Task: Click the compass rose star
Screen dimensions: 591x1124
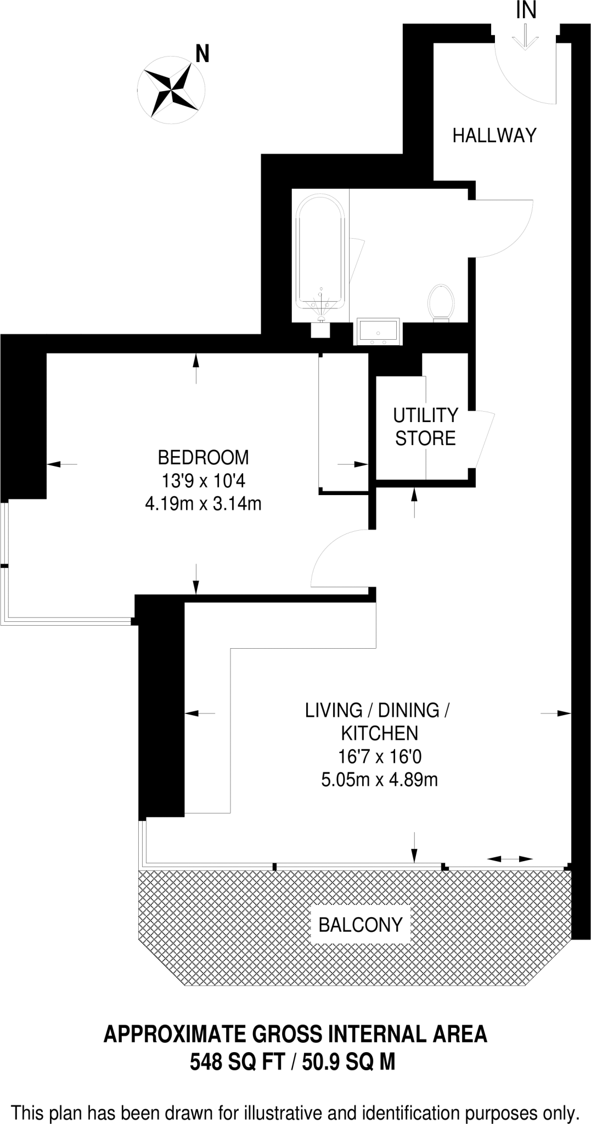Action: coord(171,88)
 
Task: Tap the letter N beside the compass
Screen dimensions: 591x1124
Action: coord(202,54)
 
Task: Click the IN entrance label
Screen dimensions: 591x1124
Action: coord(526,10)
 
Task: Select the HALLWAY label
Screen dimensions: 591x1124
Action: coord(494,135)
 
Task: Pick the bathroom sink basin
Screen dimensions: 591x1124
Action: coord(379,331)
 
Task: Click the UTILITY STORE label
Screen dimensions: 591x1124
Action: coord(425,426)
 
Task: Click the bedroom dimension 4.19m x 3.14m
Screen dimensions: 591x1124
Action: coord(202,503)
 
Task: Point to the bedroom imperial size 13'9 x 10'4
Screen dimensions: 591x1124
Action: coord(202,481)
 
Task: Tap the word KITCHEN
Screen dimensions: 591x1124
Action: coord(380,733)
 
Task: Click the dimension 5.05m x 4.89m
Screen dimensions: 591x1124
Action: coord(380,779)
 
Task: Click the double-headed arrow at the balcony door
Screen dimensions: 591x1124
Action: coord(510,858)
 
